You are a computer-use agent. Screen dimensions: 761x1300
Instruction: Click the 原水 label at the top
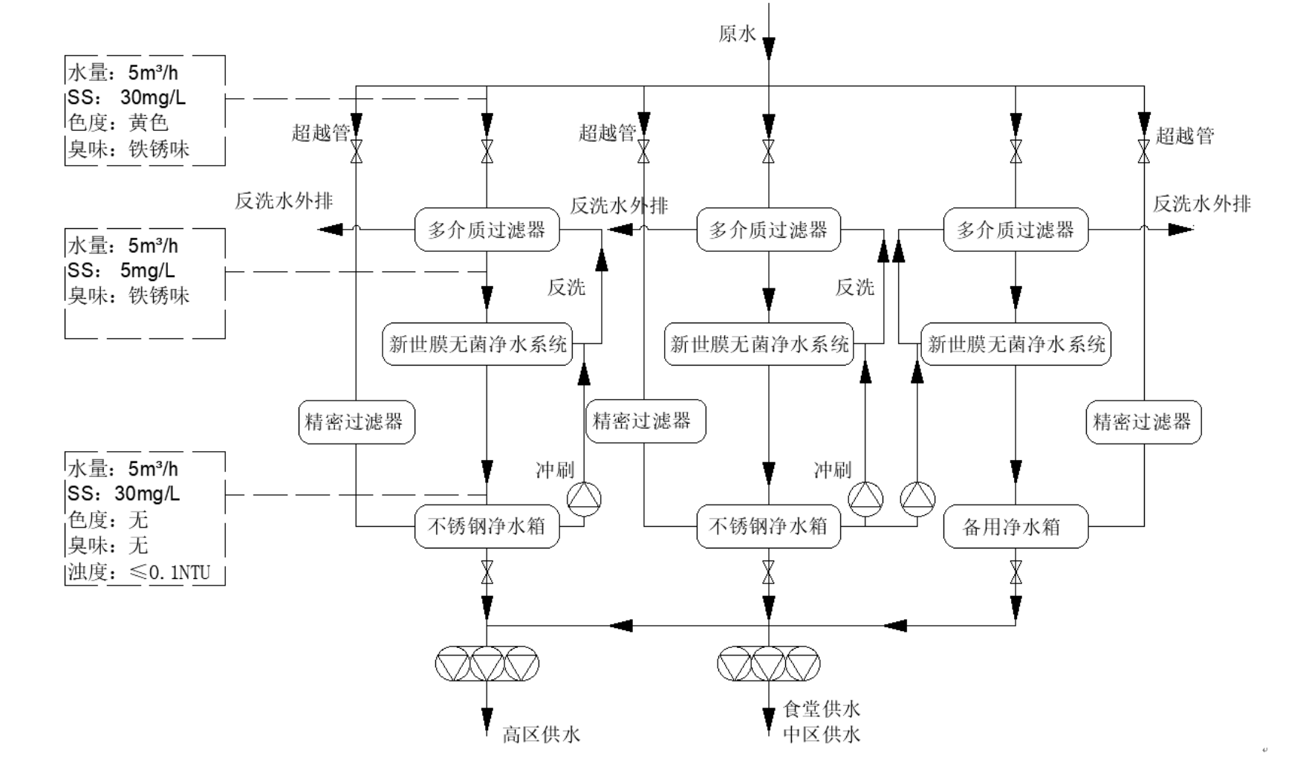737,34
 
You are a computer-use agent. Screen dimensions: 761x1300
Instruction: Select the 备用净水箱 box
1015,527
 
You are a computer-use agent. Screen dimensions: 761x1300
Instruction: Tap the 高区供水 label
540,735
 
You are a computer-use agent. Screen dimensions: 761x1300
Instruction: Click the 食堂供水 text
822,709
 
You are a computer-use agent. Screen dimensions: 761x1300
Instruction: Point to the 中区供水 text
822,735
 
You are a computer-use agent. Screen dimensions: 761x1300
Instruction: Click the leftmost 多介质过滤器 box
487,230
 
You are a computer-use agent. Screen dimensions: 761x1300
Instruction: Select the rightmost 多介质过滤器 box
1015,230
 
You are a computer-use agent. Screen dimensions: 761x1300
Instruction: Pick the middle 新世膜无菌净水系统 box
759,344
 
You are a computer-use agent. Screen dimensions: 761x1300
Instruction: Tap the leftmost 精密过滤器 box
356,422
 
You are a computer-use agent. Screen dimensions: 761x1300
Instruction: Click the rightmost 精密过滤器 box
1143,422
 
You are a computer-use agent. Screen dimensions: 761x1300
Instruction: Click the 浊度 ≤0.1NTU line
140,572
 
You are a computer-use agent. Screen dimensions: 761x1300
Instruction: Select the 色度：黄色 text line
119,123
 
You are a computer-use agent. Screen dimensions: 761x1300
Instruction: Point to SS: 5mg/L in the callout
123,271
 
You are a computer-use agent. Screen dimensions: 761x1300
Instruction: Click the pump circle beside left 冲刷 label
584,499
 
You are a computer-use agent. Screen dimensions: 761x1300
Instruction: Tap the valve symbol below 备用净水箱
1015,572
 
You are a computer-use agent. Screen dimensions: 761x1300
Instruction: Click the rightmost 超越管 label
1184,136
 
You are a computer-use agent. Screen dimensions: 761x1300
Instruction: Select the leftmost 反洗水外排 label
284,201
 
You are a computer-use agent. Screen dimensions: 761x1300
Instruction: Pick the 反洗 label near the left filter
566,287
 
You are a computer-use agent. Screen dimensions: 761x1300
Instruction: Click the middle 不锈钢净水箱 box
768,527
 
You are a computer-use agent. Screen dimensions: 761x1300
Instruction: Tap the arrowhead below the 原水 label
768,49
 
